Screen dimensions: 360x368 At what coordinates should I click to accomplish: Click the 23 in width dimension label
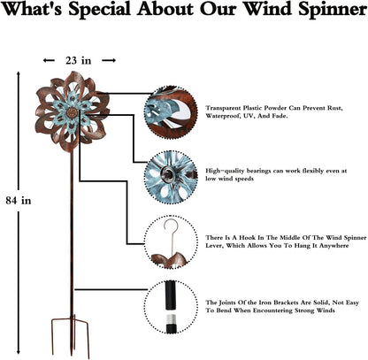pyautogui.click(x=79, y=61)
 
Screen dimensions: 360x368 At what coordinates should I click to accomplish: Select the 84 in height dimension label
pyautogui.click(x=19, y=200)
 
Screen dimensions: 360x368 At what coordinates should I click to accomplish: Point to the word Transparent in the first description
pyautogui.click(x=228, y=106)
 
